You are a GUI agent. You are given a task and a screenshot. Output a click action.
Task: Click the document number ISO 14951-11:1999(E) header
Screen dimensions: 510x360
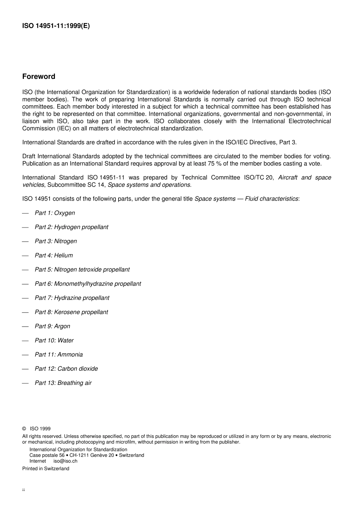56,26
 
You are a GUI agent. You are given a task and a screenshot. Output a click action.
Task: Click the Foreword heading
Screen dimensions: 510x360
39,77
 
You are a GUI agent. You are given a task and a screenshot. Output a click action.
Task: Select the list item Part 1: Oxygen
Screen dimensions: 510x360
55,213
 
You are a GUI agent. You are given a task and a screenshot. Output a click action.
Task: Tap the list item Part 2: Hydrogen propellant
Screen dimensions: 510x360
71,227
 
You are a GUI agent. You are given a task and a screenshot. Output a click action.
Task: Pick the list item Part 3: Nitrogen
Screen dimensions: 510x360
56,241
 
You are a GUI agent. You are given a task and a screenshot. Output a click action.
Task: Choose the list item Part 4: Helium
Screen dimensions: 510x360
54,256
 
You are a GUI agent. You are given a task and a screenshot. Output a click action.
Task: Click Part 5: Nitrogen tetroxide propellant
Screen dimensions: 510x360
82,270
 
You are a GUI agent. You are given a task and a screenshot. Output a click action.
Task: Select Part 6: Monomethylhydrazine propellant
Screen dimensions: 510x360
88,284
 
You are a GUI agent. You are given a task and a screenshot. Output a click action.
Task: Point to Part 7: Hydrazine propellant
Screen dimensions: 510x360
72,298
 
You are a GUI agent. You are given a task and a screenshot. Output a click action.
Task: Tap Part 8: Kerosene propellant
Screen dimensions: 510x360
71,312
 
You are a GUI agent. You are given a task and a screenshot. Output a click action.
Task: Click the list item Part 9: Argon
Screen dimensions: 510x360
52,326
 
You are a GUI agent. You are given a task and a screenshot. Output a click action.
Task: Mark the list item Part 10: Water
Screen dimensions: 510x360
54,341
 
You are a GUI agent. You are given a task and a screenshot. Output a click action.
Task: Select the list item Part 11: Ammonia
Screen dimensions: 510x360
59,355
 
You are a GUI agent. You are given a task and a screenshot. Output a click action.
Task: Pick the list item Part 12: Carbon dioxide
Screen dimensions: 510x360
66,369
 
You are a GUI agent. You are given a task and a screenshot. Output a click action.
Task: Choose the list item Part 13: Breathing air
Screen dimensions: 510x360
63,383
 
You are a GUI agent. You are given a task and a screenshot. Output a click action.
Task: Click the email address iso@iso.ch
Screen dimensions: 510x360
65,461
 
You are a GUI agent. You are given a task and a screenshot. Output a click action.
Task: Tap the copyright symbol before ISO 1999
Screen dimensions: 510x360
24,429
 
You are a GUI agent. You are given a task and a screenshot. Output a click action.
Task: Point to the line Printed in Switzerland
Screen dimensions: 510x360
46,469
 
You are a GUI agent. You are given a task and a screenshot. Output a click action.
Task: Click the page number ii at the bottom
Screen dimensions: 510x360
23,490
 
